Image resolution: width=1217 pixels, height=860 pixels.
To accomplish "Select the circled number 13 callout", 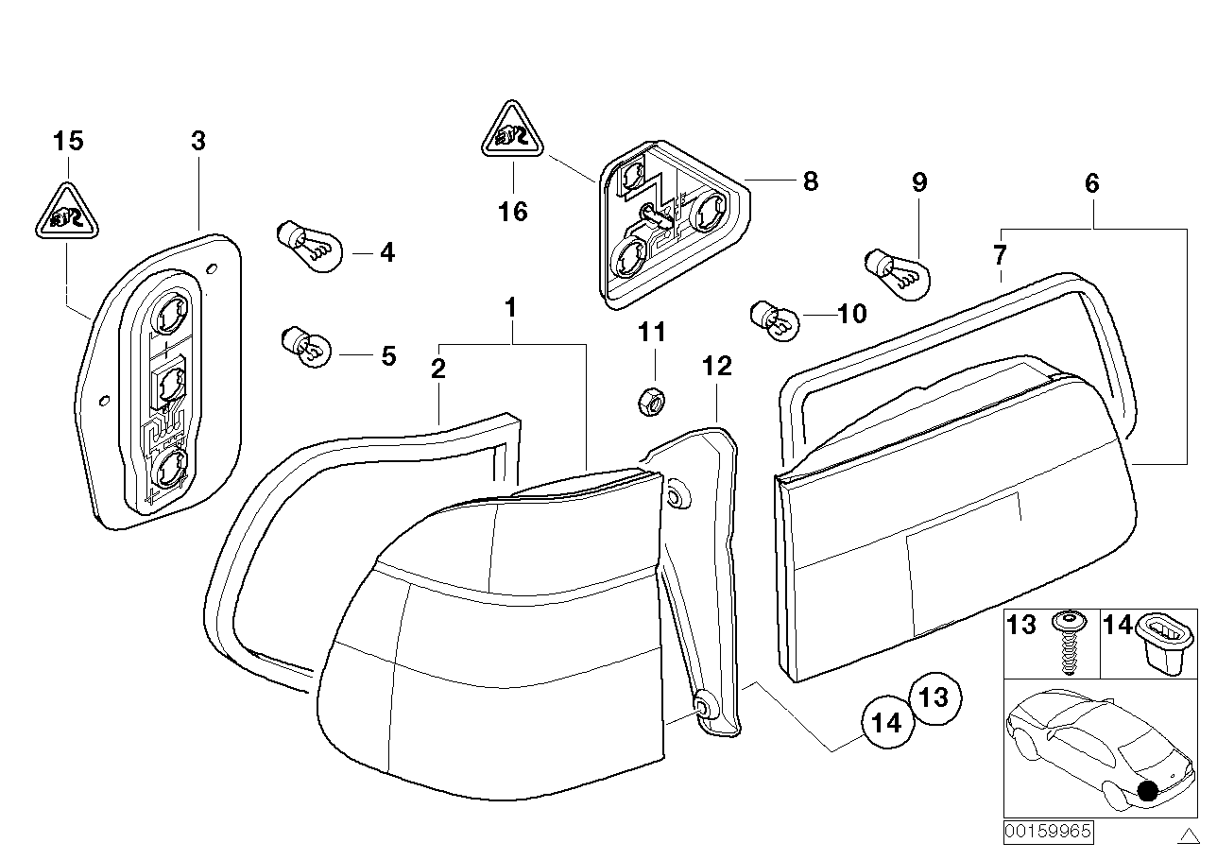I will (x=934, y=697).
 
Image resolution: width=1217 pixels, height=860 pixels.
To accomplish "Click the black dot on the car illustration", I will (x=1149, y=791).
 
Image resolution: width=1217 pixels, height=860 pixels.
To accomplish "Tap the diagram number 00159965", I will (x=1047, y=832).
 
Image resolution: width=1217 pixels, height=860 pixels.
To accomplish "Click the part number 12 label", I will (x=717, y=366).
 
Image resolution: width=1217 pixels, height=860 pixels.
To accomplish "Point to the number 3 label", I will (x=197, y=142).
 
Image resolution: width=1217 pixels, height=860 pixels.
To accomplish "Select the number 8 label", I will (x=810, y=181).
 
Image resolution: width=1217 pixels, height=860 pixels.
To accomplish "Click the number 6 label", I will (x=1091, y=182).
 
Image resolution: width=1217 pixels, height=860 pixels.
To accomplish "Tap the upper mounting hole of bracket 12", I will (x=677, y=497).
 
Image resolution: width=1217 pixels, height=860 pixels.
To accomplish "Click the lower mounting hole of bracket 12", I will (x=704, y=705).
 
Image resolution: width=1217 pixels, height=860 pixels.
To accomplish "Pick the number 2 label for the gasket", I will (x=437, y=369).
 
